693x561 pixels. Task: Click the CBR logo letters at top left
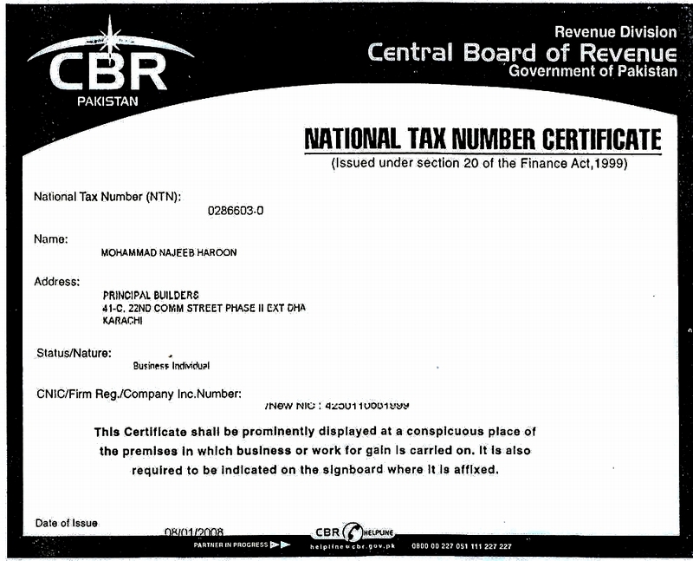point(108,73)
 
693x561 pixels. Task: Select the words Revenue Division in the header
point(616,32)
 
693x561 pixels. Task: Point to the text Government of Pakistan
point(593,71)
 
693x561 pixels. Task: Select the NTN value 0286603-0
point(236,211)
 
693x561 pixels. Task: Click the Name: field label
point(51,238)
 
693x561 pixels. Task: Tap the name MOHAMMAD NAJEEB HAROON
point(169,252)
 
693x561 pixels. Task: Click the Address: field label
point(57,281)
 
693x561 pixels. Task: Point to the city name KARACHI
point(122,320)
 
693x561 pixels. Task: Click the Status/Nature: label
point(74,353)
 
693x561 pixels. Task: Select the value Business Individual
point(171,366)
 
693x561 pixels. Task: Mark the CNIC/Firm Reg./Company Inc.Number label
point(138,394)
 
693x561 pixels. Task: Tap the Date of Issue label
point(67,523)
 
